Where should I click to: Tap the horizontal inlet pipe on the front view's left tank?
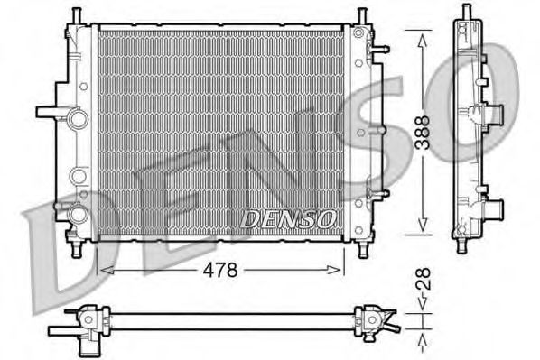(x=51, y=114)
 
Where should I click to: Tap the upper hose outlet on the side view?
(x=492, y=115)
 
